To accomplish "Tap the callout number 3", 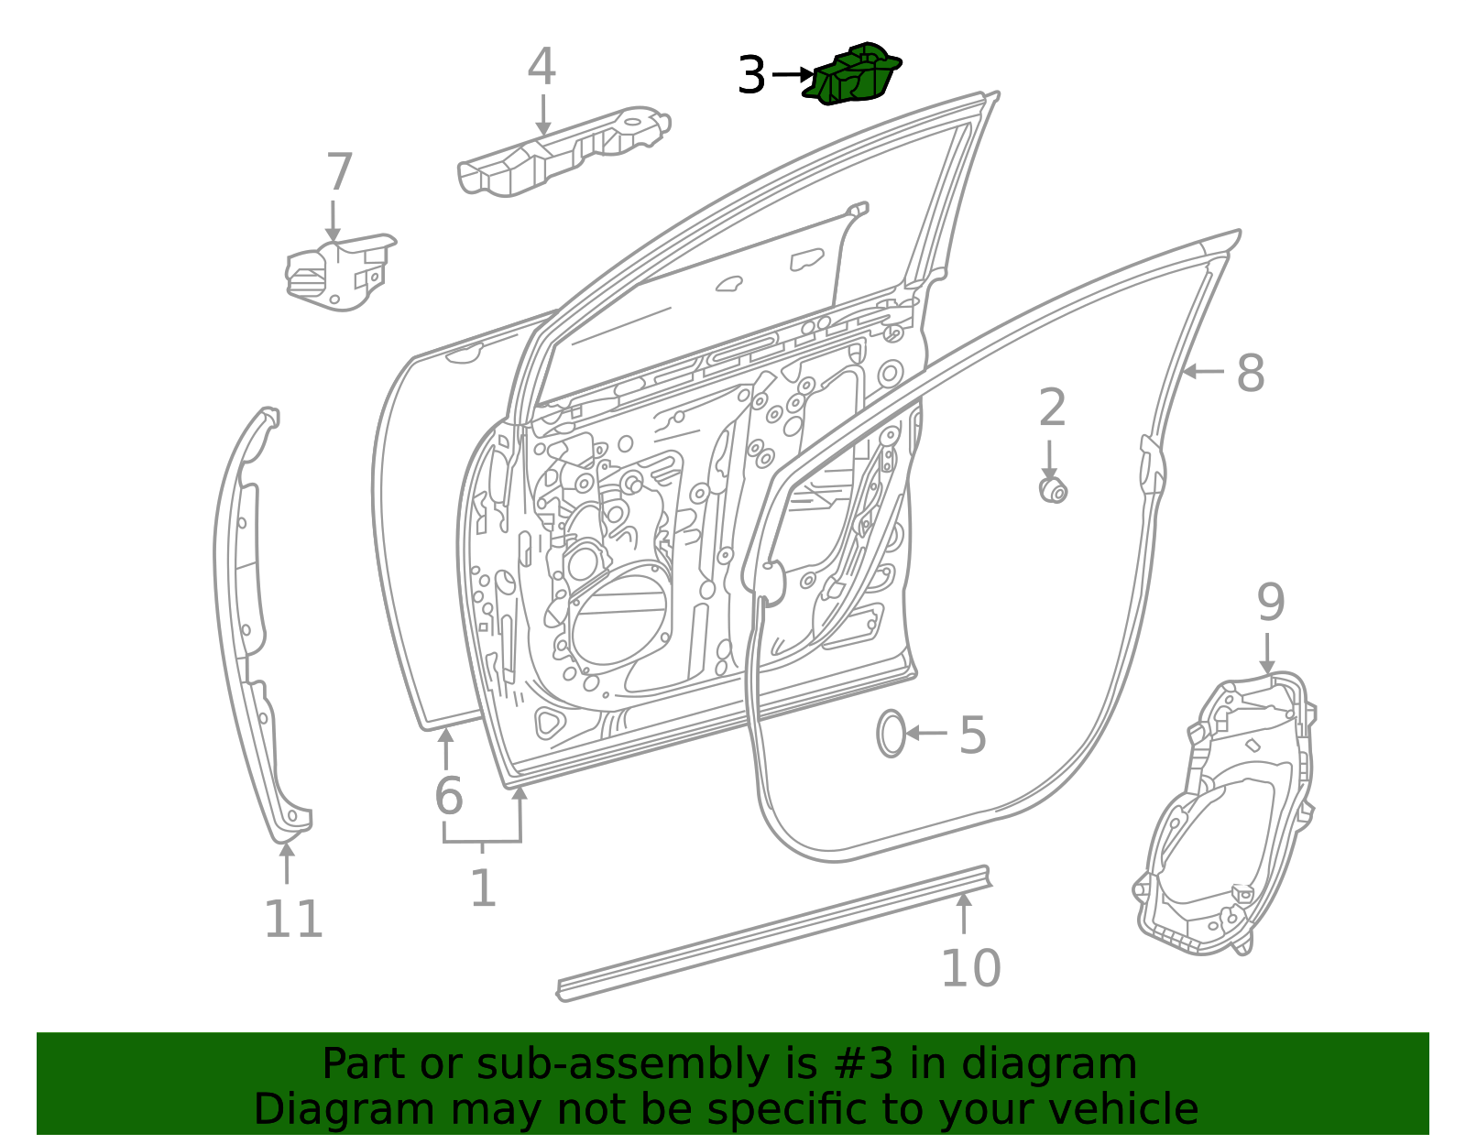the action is click(750, 75).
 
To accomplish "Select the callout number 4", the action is click(542, 67).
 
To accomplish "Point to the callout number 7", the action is click(339, 172).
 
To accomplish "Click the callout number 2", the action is click(1052, 408).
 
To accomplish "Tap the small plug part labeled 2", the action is click(1054, 490).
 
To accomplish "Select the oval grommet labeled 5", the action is click(891, 734).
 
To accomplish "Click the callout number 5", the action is click(972, 735).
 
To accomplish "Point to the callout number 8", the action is click(1250, 373).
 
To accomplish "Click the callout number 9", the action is click(1270, 603).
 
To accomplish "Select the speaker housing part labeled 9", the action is click(1228, 815).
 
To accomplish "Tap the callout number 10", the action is click(970, 968).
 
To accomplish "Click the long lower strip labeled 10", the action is click(770, 934).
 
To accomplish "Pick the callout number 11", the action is click(293, 920).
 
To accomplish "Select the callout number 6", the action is click(448, 795).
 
